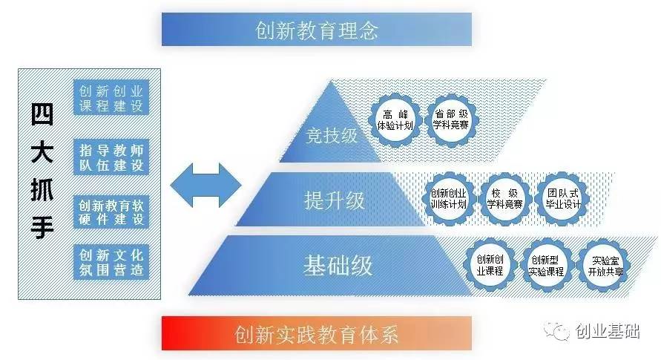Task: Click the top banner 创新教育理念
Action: [x=317, y=30]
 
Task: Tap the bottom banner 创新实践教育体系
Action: [x=317, y=333]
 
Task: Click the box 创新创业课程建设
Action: [x=111, y=98]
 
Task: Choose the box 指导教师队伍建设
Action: [x=111, y=157]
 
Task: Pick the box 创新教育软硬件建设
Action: [x=111, y=212]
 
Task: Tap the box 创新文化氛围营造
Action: [x=111, y=263]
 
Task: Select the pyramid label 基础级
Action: [x=337, y=265]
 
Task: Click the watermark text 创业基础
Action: [x=608, y=331]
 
